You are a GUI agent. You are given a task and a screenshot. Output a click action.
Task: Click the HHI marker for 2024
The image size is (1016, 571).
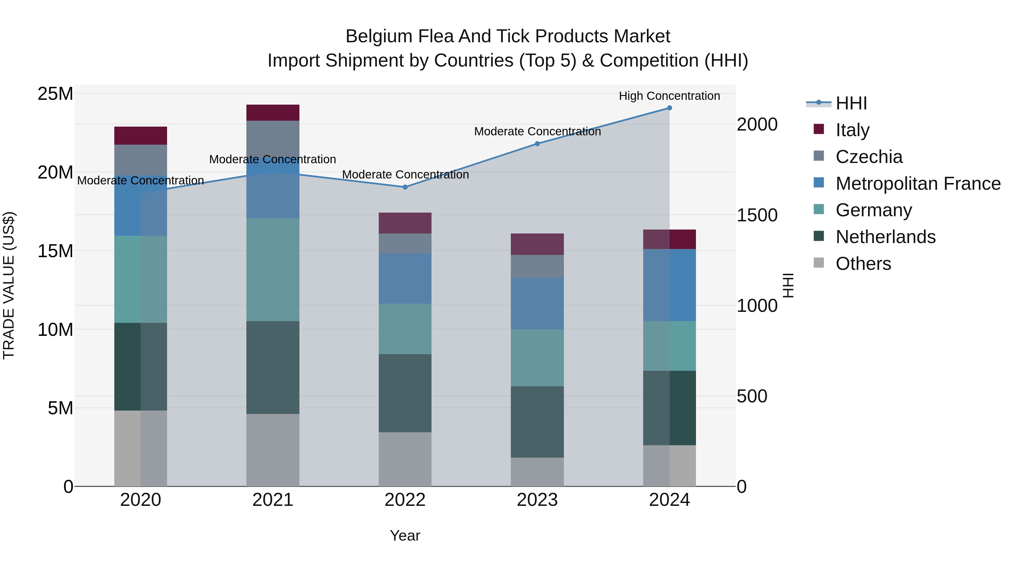[669, 108]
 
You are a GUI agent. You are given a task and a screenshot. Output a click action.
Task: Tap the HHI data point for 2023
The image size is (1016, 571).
[537, 144]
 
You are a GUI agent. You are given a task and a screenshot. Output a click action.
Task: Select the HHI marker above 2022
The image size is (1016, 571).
[405, 187]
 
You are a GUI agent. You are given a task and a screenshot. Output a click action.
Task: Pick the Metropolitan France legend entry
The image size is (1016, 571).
[918, 183]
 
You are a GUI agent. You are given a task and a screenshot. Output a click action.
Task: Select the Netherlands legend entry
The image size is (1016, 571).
[885, 237]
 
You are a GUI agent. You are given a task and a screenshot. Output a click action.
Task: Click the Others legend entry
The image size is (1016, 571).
[863, 264]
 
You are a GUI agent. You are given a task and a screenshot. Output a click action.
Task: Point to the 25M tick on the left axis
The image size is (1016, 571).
[55, 94]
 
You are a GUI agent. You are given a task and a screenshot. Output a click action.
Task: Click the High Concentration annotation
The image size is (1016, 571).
[669, 96]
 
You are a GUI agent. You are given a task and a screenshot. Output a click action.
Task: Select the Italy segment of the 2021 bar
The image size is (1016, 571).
[273, 113]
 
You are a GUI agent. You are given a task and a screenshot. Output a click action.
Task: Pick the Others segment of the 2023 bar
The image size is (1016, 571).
[537, 472]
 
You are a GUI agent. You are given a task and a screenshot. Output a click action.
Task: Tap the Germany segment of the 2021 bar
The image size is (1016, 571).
[273, 270]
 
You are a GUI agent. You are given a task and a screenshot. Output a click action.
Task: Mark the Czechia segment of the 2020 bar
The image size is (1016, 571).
[141, 160]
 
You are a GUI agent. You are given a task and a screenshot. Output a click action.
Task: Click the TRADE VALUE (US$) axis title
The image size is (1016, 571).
[9, 285]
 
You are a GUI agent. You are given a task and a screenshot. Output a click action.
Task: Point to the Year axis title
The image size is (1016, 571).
[405, 535]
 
